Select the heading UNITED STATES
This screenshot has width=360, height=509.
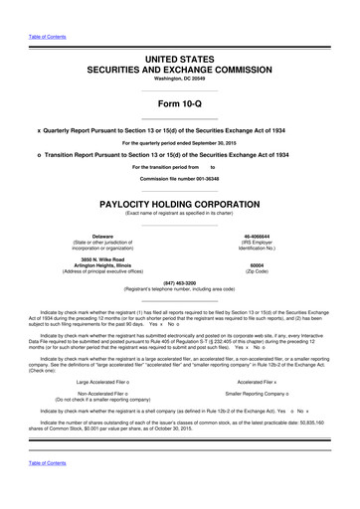coord(180,61)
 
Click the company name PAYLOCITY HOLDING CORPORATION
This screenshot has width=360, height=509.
coord(180,202)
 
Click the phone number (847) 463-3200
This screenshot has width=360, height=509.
coord(180,281)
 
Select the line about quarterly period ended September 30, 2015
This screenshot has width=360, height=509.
coord(180,142)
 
